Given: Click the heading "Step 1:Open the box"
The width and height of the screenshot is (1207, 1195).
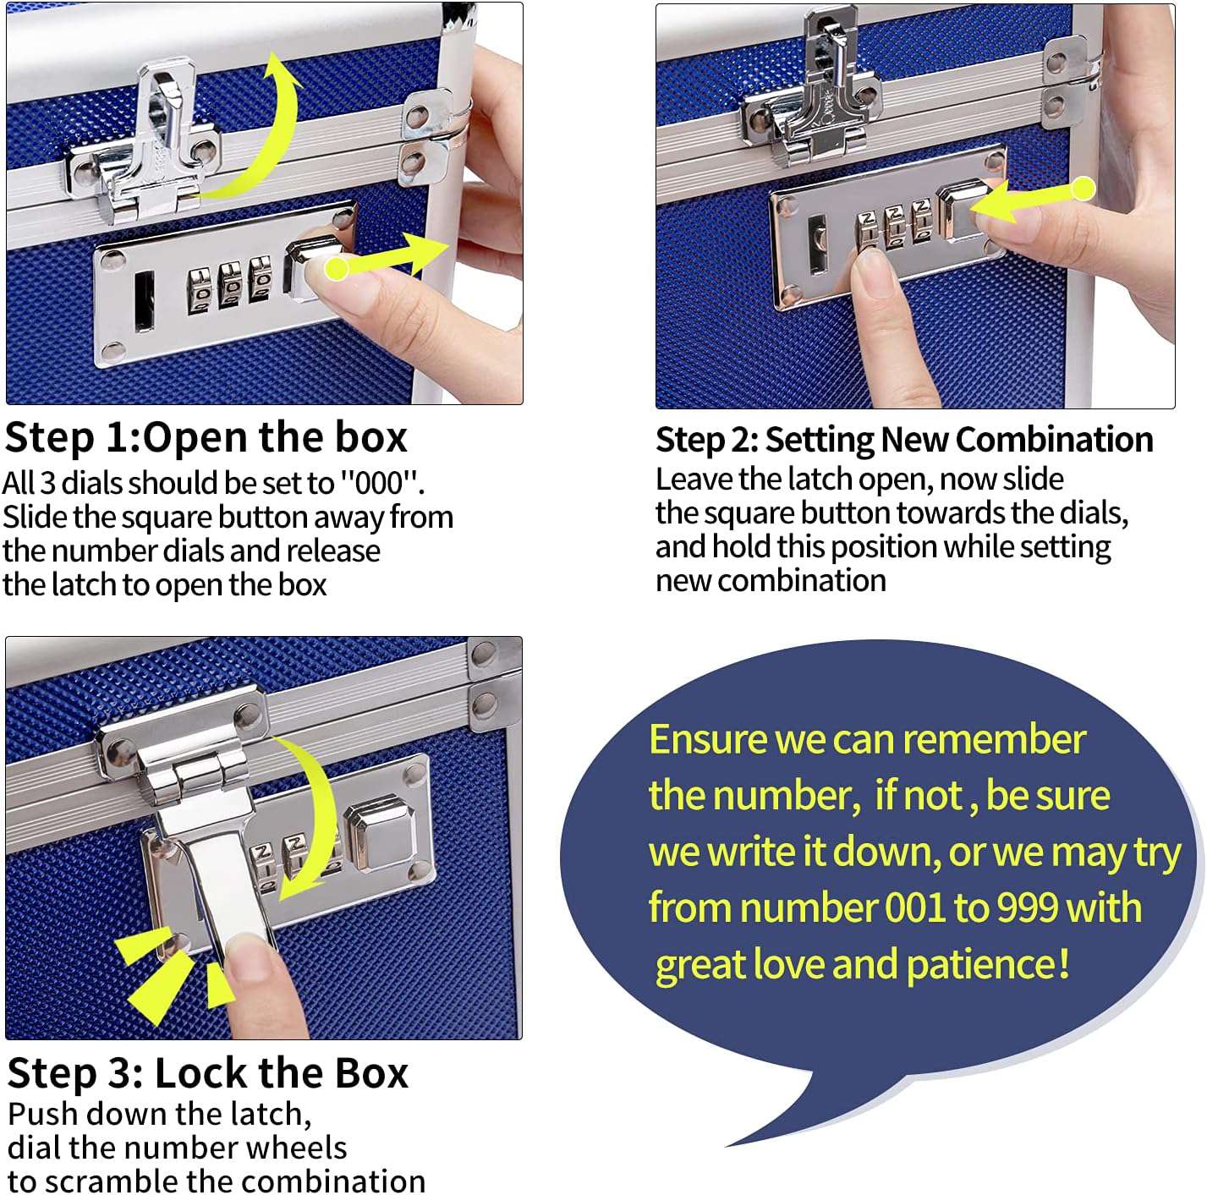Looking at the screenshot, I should [x=206, y=438].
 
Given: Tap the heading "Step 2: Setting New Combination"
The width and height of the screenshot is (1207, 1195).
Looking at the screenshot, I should [x=903, y=440].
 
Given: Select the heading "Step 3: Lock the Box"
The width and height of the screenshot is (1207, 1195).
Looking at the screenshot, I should [x=207, y=1073].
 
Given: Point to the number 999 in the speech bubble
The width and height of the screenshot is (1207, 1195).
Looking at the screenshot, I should [x=1027, y=908].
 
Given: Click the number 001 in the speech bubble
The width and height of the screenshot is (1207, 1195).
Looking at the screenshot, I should [x=914, y=908].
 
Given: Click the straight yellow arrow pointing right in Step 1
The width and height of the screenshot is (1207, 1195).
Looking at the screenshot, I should [x=389, y=257].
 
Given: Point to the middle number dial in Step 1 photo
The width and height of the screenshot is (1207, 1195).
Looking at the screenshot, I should [x=230, y=288].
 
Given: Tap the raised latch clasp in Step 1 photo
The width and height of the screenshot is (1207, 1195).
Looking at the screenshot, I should [x=161, y=144].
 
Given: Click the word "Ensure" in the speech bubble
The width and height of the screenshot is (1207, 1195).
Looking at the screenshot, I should [x=707, y=740].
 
